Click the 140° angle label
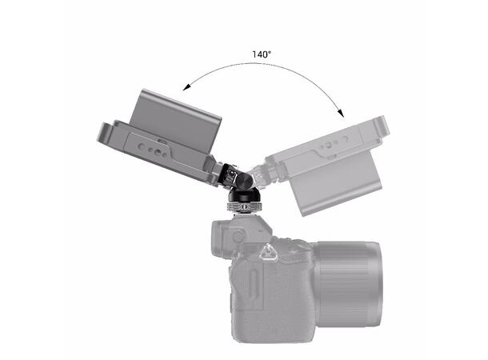pos(260,54)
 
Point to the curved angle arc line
pos(264,67)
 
